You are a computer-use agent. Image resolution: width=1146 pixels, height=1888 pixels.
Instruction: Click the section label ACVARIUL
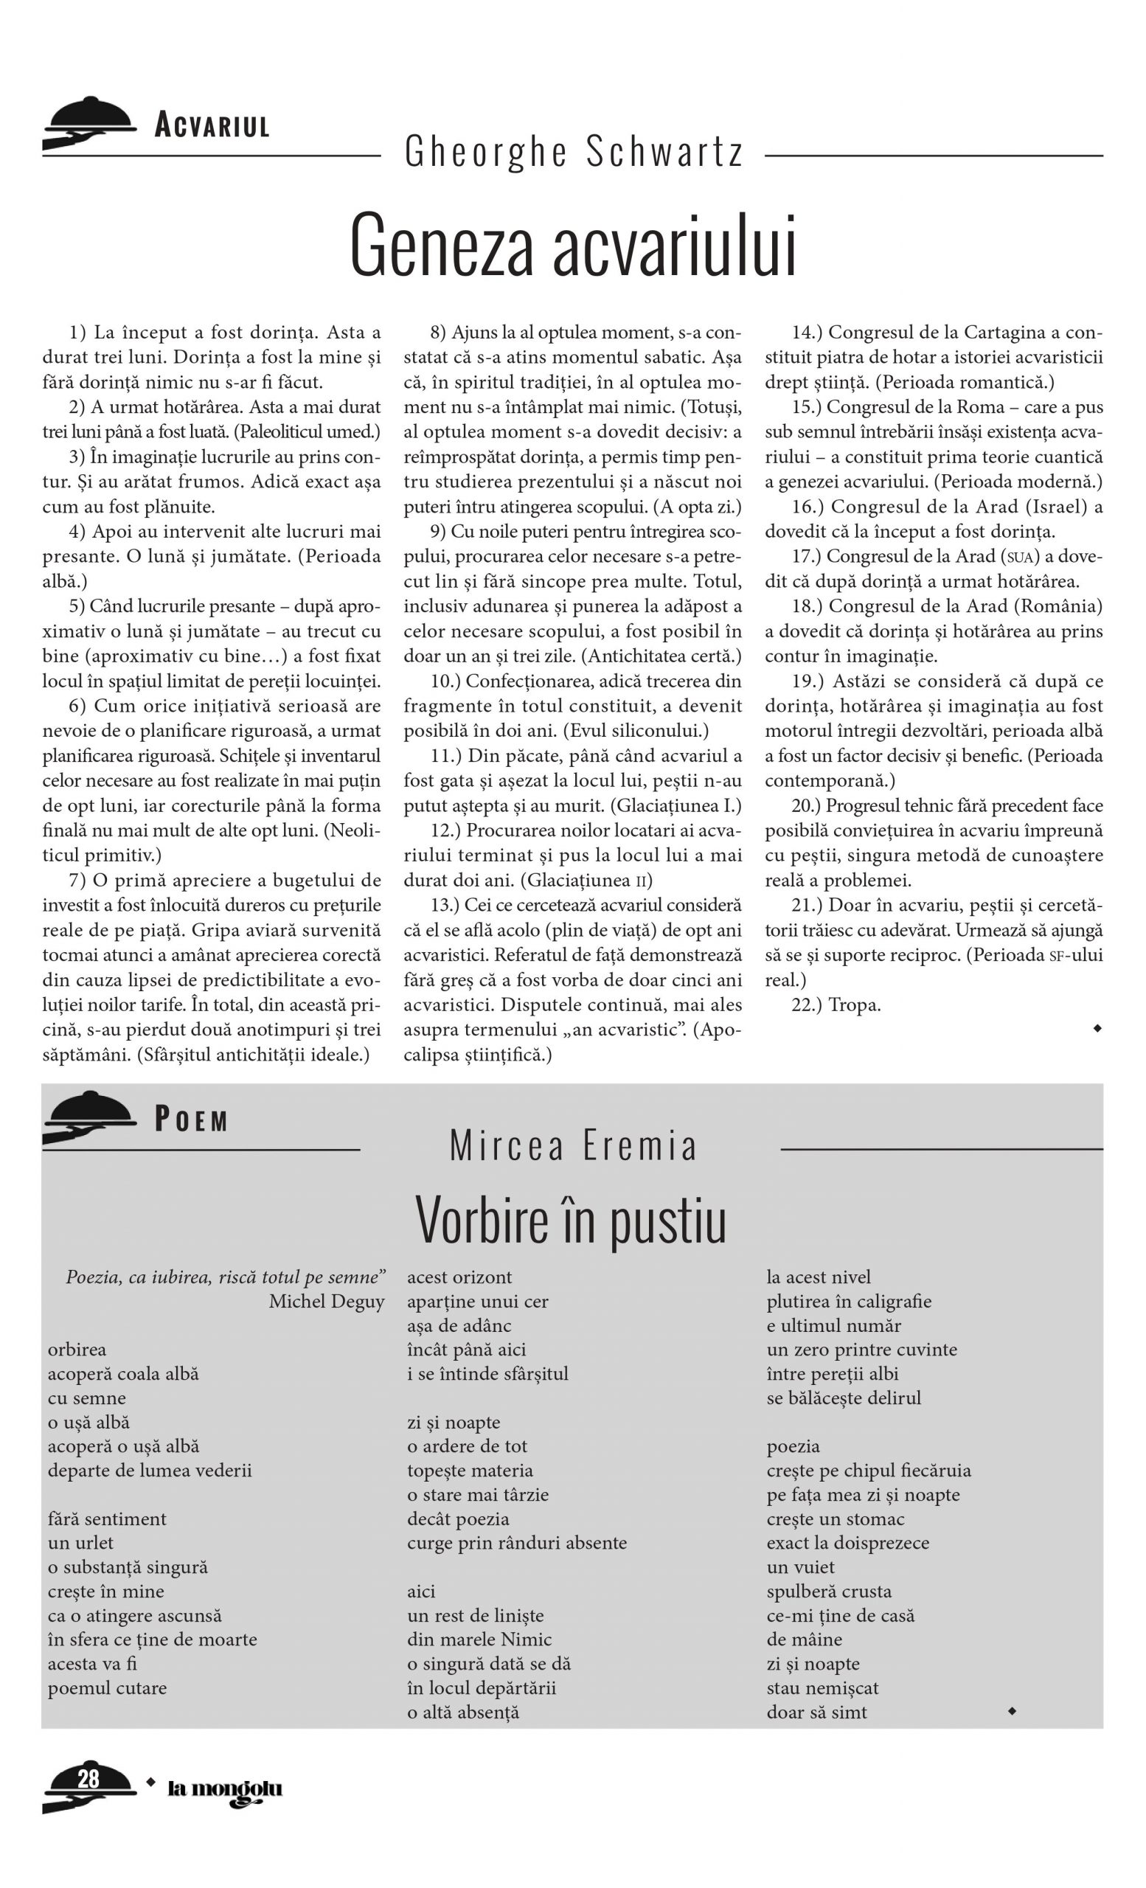tap(212, 125)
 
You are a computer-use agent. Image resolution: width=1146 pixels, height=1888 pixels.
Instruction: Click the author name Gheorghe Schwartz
tap(574, 152)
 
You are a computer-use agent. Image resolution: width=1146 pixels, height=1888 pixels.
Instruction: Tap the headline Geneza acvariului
tap(573, 245)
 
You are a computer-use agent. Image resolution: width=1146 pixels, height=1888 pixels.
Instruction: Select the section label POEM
tap(192, 1121)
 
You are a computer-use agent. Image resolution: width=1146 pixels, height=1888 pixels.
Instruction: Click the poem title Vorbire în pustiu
tap(571, 1221)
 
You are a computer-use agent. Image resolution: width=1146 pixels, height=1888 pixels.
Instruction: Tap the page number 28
tap(88, 1778)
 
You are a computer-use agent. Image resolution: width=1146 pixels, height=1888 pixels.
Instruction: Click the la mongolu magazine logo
tap(224, 1790)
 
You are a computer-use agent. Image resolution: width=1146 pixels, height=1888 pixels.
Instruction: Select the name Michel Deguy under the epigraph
tap(327, 1301)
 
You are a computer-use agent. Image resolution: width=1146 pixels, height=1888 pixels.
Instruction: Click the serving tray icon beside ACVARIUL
tap(88, 122)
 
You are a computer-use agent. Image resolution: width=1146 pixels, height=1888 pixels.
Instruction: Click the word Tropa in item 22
tap(854, 1004)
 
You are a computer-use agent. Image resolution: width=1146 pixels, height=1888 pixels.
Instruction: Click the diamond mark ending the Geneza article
tap(1097, 1029)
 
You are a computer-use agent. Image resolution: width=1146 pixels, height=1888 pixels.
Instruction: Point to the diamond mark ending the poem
tap(1011, 1710)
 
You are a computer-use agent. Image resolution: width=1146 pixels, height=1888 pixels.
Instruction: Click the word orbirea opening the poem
tap(77, 1350)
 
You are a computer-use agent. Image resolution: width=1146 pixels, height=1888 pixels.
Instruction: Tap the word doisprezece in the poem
tap(883, 1542)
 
